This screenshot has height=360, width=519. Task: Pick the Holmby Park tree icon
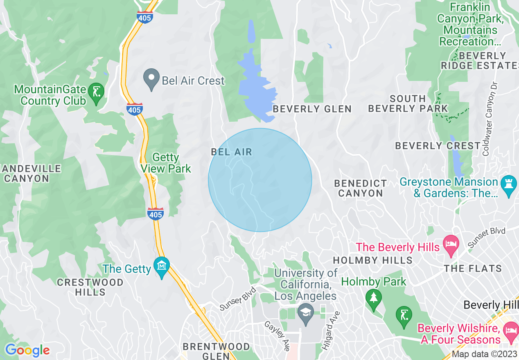[373, 298]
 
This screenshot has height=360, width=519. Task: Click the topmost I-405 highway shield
[145, 17]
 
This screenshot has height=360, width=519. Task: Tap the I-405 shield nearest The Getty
[156, 213]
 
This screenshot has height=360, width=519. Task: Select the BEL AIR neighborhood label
[231, 152]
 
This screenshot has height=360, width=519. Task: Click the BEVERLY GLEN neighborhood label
[312, 109]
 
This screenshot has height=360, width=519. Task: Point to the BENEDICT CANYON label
[360, 188]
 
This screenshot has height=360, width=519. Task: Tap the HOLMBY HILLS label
[372, 260]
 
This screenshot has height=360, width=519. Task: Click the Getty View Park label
[166, 163]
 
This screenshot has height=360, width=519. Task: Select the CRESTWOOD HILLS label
[90, 287]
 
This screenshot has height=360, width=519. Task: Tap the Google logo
[27, 350]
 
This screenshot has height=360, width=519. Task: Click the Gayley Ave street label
[277, 335]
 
